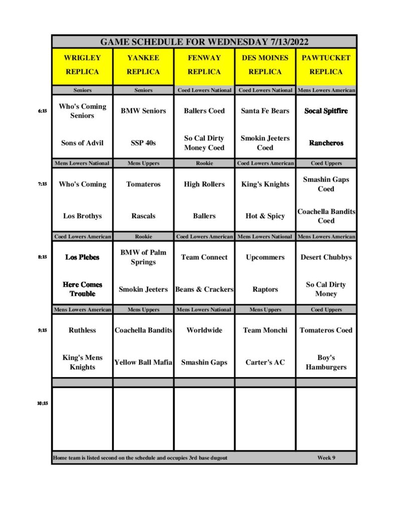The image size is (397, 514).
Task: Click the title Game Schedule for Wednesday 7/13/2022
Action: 204,42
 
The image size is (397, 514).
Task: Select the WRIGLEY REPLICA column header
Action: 82,65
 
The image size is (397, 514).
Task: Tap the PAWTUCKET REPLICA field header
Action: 326,65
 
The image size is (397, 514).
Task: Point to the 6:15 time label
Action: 42,111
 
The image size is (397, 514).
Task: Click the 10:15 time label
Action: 42,403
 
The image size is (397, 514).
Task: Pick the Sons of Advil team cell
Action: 82,143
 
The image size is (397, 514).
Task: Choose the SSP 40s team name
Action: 143,143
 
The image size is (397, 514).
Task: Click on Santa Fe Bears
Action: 265,111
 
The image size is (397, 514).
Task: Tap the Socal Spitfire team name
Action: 326,111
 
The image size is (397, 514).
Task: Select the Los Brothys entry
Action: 82,216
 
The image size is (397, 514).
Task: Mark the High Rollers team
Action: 204,184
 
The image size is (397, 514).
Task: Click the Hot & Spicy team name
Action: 265,216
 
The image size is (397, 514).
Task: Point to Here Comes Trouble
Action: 82,289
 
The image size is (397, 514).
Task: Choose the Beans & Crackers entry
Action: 204,290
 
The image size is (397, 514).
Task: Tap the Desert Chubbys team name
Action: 326,258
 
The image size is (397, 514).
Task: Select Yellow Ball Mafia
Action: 143,362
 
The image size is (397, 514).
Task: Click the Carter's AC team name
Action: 265,362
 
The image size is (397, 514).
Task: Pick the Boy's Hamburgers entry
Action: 326,362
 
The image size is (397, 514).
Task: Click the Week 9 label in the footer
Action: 326,458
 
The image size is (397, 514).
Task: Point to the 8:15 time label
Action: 42,257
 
